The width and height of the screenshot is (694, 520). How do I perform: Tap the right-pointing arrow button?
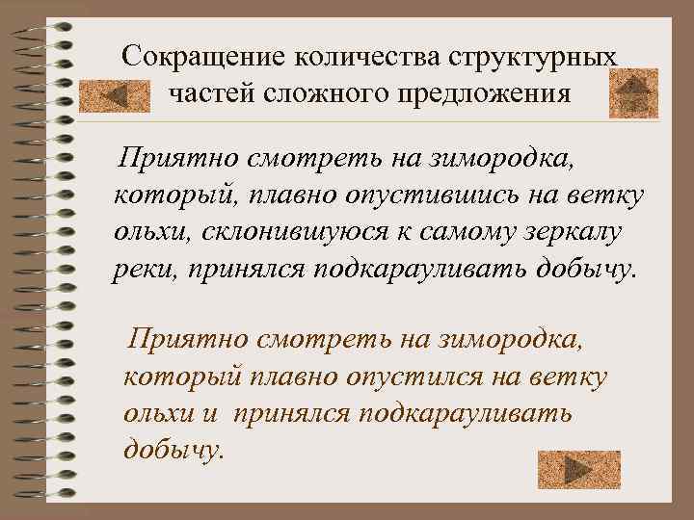(578, 469)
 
